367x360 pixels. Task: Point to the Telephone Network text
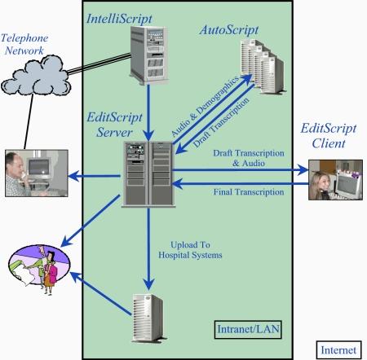pos(26,45)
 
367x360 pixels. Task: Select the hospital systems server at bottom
pos(148,314)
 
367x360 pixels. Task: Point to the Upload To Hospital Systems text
pos(194,248)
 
